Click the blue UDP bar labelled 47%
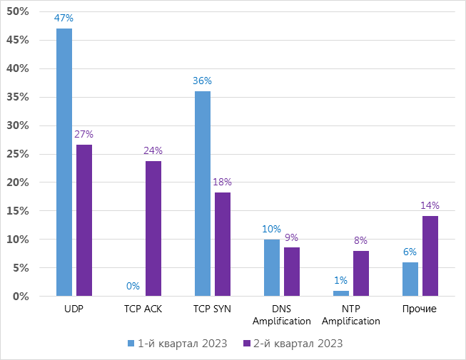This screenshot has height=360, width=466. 64,163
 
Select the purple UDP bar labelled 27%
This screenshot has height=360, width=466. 84,220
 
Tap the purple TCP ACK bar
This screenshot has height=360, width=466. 153,228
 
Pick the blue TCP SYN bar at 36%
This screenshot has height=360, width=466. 203,193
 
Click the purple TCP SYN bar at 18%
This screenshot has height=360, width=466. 223,244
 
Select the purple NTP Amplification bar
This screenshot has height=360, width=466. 361,273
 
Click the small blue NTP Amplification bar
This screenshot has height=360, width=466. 341,293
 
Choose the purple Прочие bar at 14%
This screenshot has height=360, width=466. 430,256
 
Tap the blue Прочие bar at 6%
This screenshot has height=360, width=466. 410,279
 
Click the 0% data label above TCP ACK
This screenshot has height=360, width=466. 133,287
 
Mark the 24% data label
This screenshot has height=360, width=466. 153,150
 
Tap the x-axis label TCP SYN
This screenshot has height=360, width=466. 213,309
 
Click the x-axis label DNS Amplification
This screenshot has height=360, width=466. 282,314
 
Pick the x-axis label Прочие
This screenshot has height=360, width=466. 420,309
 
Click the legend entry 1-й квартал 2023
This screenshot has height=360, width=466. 177,344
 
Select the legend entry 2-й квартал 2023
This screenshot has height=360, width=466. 293,344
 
